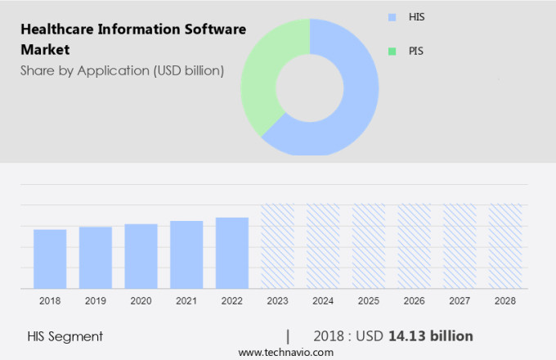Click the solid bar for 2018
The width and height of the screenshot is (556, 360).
pyautogui.click(x=50, y=259)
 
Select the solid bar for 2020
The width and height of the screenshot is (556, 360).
pyautogui.click(x=141, y=256)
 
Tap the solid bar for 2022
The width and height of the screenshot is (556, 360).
pyautogui.click(x=232, y=253)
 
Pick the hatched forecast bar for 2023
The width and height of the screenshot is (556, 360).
pyautogui.click(x=277, y=246)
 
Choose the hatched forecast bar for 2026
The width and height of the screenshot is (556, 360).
pyautogui.click(x=414, y=246)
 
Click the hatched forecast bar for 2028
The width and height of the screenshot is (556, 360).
pyautogui.click(x=504, y=246)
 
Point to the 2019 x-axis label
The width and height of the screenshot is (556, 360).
pyautogui.click(x=96, y=301)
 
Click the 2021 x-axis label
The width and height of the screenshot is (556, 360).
pyautogui.click(x=186, y=301)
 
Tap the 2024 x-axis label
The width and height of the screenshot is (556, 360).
pyautogui.click(x=323, y=301)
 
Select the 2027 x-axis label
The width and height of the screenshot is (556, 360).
pyautogui.click(x=460, y=301)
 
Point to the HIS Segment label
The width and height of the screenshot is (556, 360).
pyautogui.click(x=65, y=336)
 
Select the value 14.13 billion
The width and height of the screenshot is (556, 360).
pyautogui.click(x=431, y=336)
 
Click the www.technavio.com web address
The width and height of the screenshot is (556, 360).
pyautogui.click(x=285, y=352)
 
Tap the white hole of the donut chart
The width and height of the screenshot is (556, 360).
pyautogui.click(x=310, y=87)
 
